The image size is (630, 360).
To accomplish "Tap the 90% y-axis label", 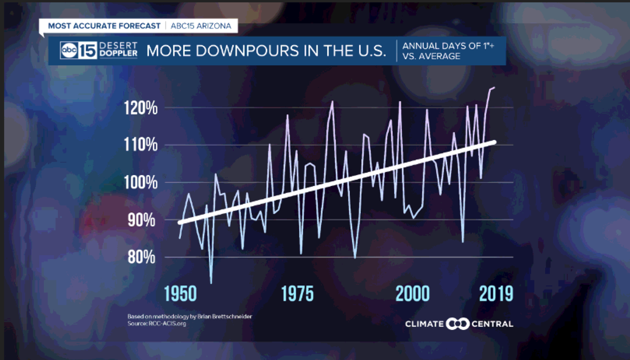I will pos(142,220).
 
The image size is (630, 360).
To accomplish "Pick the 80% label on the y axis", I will pos(142,257).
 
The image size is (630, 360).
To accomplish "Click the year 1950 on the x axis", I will pos(181,294).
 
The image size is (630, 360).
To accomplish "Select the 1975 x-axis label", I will pos(297,294).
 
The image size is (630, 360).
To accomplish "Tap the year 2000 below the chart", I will pos(413,294).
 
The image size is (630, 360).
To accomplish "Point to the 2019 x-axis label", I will pos(495,294).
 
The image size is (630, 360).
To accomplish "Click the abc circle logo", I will pos(69,50).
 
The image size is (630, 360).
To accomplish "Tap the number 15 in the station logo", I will pos(87,50).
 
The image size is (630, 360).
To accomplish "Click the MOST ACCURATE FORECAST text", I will pos(104,25).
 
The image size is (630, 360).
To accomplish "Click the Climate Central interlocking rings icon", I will pos(458,324).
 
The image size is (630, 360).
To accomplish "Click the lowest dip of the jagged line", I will pos(211,283).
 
